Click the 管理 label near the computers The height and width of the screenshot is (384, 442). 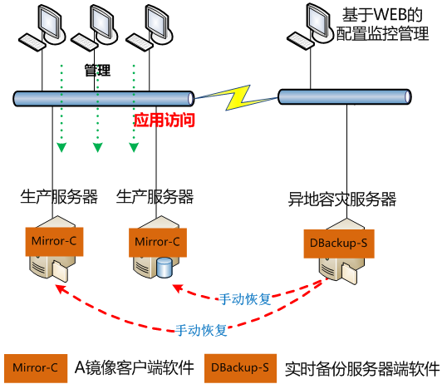(97, 71)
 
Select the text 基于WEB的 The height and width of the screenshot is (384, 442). (376, 15)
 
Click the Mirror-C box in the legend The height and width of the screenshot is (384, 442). (32, 367)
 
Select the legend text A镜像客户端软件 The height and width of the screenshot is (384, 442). (134, 367)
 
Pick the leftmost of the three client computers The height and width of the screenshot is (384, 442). (37, 27)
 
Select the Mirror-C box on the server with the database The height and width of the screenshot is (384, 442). (156, 242)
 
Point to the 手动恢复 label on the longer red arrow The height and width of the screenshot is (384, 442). (201, 329)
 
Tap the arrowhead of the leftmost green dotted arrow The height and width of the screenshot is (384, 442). (61, 148)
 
